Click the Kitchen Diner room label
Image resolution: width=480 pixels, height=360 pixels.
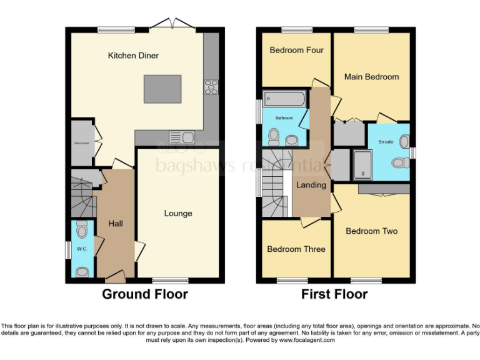coord(133,56)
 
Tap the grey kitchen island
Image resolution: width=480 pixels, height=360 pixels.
coord(163,89)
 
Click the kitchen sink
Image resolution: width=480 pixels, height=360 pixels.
coord(183,136)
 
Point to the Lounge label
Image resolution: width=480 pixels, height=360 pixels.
coord(178,214)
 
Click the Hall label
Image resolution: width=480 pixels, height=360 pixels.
coord(115,223)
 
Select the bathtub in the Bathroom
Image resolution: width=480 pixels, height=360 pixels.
coord(284,98)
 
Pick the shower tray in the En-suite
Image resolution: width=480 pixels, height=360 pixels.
coord(362,164)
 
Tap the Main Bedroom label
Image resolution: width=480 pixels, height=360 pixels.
coord(371,77)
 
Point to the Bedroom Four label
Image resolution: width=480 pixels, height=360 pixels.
coord(296,50)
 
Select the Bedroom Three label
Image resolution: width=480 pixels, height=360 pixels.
coord(296,249)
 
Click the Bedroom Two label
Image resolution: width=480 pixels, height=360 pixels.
coord(371,231)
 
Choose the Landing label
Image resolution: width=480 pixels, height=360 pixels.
coord(311,185)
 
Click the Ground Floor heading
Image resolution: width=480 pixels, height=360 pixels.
coord(145,294)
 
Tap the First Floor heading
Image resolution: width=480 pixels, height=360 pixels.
coord(334,294)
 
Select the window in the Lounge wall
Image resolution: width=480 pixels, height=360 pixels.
coord(171,281)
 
